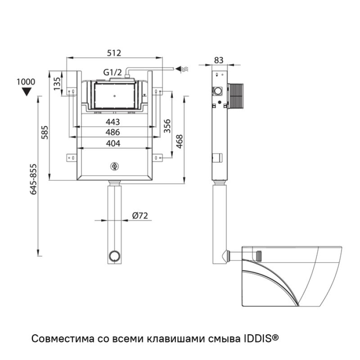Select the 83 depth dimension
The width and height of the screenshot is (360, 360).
[219, 60]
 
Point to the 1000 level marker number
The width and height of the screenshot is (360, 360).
[26, 82]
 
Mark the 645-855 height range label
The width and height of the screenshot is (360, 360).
[32, 179]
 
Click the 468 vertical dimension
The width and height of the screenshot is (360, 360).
[179, 141]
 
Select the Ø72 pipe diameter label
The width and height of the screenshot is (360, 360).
[140, 216]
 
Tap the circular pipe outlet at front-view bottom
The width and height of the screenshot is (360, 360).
[114, 257]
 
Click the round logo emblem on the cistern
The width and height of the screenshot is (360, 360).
[114, 167]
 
